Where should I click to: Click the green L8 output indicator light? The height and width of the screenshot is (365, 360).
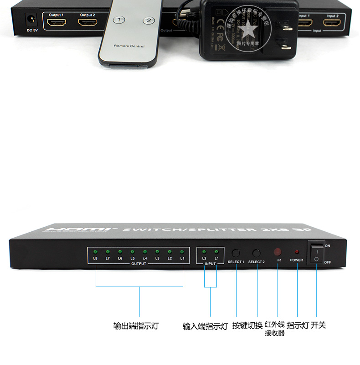[x=95, y=252]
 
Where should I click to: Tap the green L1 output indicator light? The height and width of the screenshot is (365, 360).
[x=182, y=252]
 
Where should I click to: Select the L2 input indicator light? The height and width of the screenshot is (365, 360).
[x=205, y=252]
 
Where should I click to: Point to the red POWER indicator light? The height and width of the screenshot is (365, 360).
[x=297, y=252]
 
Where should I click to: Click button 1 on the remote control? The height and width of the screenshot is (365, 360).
[x=119, y=20]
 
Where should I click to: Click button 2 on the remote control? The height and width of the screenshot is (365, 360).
[x=149, y=21]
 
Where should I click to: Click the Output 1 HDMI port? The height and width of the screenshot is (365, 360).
[x=56, y=22]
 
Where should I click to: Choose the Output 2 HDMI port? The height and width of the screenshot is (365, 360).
[x=87, y=22]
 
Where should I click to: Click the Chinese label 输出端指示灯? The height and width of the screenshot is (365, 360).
[x=136, y=326]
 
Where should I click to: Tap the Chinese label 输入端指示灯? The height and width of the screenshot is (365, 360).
[x=205, y=326]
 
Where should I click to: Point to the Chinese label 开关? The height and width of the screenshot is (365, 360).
[x=319, y=325]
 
